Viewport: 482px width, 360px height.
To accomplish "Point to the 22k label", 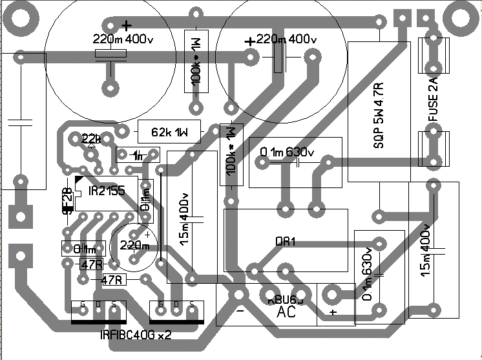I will [x=92, y=140].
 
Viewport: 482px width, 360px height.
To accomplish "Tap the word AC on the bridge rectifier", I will [x=286, y=312].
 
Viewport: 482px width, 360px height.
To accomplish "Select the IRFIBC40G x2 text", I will [x=136, y=335].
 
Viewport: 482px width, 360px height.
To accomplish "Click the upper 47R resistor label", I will [x=91, y=264].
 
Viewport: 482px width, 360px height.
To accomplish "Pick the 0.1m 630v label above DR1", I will [x=286, y=153].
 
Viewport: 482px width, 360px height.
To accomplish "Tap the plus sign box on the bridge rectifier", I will [x=333, y=312].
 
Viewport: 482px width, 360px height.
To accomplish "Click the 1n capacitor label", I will [x=137, y=156].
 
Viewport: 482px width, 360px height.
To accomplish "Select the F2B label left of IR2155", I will [x=66, y=200].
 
